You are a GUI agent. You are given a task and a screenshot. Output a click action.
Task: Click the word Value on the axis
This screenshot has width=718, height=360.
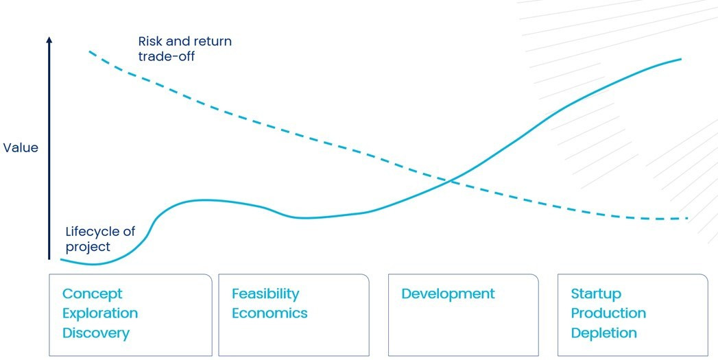coord(21,148)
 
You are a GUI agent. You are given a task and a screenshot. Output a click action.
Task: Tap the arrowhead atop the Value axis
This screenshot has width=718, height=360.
coord(49,40)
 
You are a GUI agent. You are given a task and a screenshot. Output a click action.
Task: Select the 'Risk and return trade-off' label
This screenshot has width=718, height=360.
coord(185,49)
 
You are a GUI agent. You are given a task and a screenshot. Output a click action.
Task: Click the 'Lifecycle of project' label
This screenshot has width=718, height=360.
coord(100,239)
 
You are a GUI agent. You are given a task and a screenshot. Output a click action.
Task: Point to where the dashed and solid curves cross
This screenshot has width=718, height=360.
coord(451,181)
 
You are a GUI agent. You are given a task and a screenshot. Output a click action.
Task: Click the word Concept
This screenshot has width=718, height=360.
coord(93,293)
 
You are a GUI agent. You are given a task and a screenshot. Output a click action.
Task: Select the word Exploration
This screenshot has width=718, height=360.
coord(100,313)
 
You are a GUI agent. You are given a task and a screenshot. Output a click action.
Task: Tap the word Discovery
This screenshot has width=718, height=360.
coord(96,333)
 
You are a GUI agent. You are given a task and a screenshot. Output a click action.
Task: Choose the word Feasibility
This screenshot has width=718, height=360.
coord(265,293)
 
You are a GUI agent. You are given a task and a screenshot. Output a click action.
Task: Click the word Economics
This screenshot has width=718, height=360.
coord(270,313)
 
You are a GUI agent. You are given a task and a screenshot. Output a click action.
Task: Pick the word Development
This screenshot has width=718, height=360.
coord(448,293)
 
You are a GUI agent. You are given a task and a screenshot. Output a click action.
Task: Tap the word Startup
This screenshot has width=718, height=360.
coord(596,293)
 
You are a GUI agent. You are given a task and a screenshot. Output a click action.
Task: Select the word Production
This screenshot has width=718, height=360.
coord(608,313)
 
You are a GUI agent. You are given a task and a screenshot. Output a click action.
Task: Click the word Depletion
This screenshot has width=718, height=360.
coord(604,333)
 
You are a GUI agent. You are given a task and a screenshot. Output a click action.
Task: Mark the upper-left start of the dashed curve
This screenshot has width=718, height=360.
coord(89,51)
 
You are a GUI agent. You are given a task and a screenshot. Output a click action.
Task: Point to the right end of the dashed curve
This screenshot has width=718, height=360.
coord(688,219)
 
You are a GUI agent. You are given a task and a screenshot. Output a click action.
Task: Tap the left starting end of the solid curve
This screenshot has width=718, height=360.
coord(61,260)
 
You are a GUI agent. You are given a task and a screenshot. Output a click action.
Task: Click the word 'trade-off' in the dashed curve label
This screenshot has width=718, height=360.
coord(167,56)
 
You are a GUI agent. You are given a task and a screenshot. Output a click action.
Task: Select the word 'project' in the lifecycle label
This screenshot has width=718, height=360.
coord(88,247)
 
